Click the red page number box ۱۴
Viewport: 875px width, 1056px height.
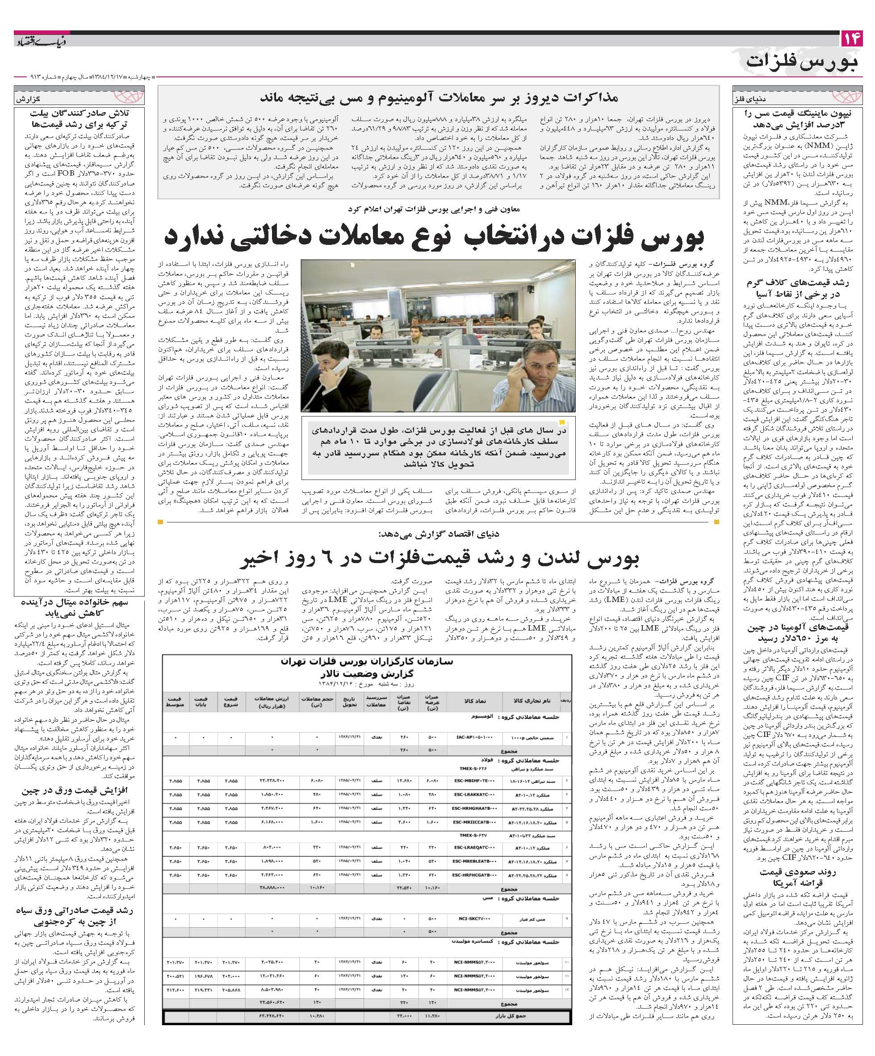click(x=851, y=39)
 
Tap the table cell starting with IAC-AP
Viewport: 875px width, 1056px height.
click(x=473, y=739)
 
